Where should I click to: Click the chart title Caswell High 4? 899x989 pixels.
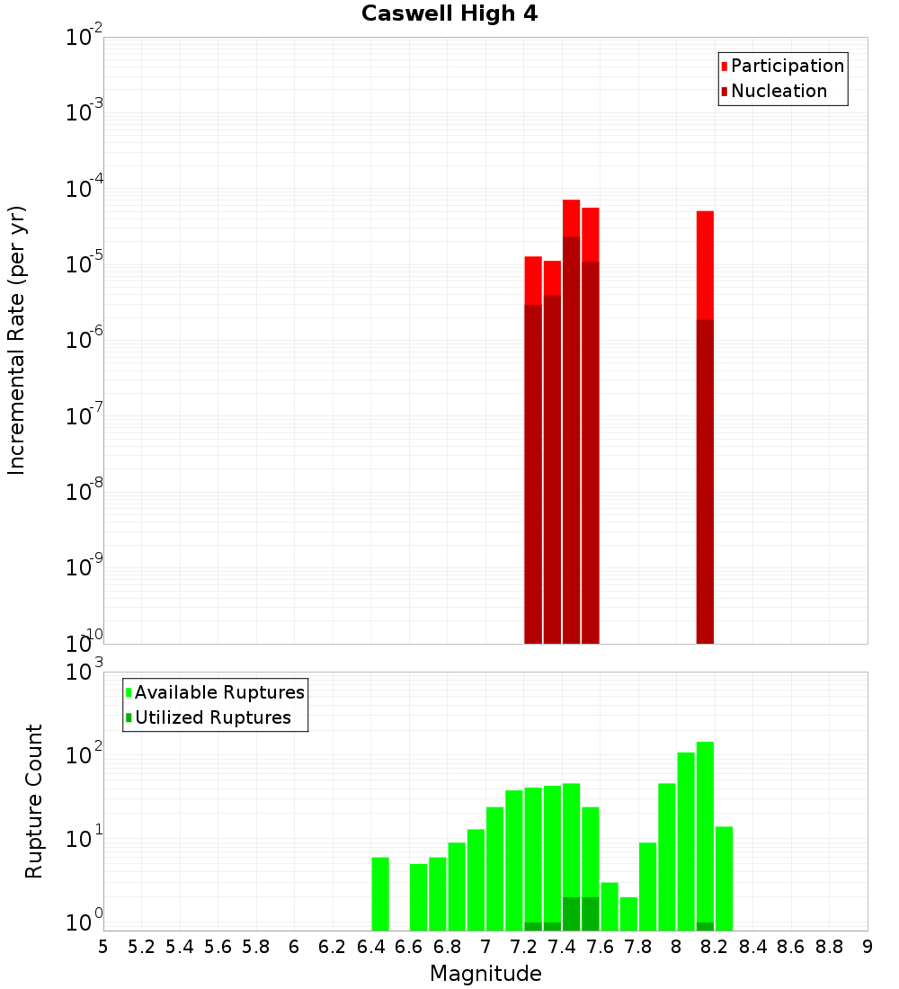(449, 14)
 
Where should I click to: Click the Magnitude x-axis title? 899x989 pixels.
(485, 974)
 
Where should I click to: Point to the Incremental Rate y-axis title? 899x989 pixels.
(17, 340)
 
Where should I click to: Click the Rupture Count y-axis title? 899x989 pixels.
(34, 801)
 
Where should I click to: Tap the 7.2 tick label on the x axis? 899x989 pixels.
(523, 947)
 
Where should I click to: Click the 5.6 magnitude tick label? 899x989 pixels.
(218, 947)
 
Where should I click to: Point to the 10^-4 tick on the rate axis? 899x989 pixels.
(85, 191)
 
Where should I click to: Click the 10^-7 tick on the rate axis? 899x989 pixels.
(85, 418)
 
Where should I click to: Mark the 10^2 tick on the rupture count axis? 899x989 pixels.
(85, 755)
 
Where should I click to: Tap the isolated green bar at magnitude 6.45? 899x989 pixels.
(380, 894)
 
